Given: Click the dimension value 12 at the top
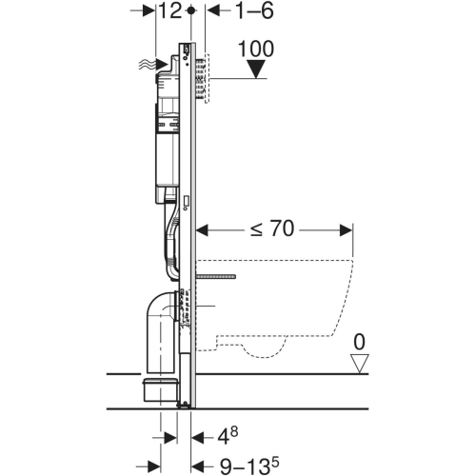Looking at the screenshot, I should [171, 11].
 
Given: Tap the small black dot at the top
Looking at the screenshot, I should [194, 10].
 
